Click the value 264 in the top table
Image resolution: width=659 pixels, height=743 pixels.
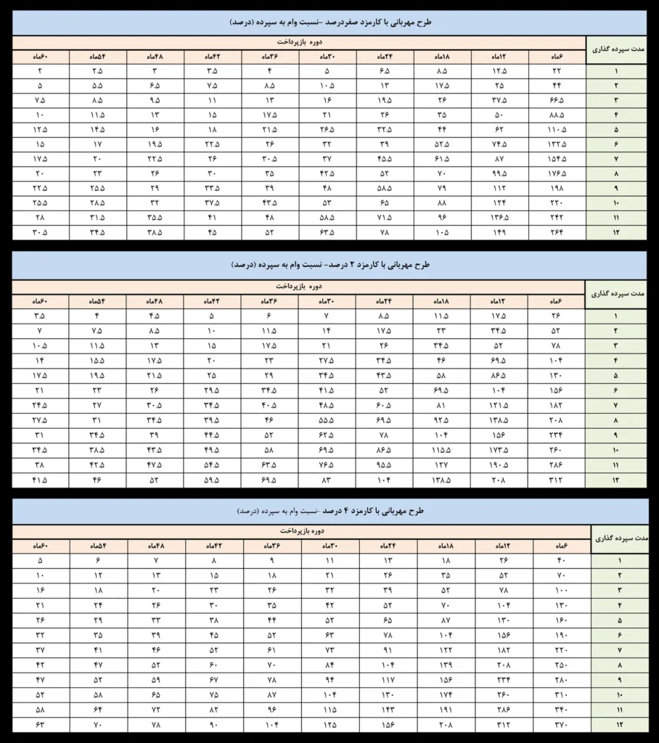tap(557, 233)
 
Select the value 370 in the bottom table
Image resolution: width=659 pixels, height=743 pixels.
tap(562, 724)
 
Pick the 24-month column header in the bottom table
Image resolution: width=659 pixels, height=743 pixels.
tap(388, 545)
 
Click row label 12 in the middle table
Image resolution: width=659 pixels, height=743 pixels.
tap(616, 480)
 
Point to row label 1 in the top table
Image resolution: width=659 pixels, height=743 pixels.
tap(616, 72)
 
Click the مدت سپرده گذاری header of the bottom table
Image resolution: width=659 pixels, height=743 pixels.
tap(619, 538)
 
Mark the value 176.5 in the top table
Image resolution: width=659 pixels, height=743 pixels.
tap(557, 173)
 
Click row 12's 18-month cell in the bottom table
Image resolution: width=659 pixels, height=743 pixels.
tap(446, 724)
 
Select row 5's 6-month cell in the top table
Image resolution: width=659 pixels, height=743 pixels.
tap(557, 129)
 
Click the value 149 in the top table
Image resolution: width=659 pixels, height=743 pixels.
tap(499, 233)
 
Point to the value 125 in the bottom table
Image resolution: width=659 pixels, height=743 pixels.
tap(330, 724)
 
